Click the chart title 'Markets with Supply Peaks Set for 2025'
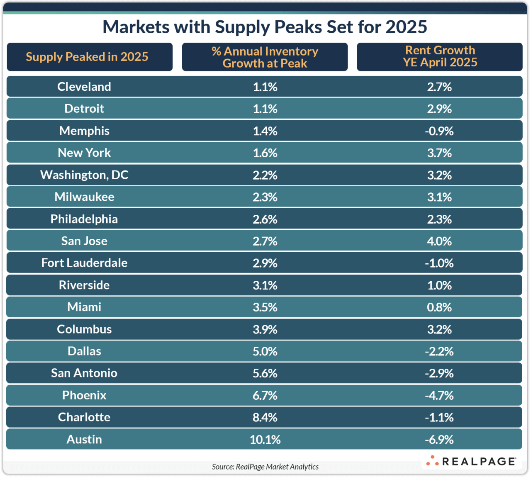click(265, 27)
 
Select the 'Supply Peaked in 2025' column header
click(87, 57)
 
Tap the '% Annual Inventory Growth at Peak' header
click(265, 57)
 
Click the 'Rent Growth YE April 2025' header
click(440, 56)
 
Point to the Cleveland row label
click(84, 87)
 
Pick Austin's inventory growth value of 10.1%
click(265, 440)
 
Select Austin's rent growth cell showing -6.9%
click(439, 440)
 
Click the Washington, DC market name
click(84, 175)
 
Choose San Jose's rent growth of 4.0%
click(439, 241)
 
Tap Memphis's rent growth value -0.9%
click(439, 131)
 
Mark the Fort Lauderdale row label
click(84, 263)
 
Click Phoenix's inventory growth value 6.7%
click(265, 395)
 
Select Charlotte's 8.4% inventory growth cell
click(265, 417)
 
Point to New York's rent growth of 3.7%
click(439, 153)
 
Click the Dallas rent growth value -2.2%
click(439, 351)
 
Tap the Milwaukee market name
click(84, 197)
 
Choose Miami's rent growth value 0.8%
click(439, 307)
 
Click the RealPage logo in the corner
click(471, 461)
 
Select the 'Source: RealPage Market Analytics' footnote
click(265, 467)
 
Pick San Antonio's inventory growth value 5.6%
click(265, 373)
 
